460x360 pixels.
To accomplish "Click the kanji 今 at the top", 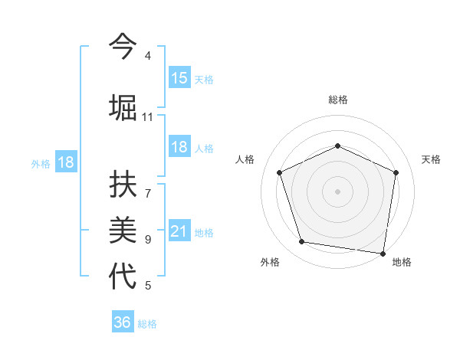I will pyautogui.click(x=123, y=47).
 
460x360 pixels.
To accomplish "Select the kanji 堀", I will pyautogui.click(x=123, y=107).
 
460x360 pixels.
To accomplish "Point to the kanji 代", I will pyautogui.click(x=123, y=277).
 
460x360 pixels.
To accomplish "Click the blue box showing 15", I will pyautogui.click(x=179, y=78).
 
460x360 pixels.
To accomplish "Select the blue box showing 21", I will pyautogui.click(x=179, y=232).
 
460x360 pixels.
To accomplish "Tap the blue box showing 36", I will pyautogui.click(x=123, y=322).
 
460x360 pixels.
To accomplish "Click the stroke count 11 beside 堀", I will pyautogui.click(x=147, y=117).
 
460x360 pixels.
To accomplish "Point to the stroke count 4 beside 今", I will pyautogui.click(x=147, y=56).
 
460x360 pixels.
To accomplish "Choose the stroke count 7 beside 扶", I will pyautogui.click(x=147, y=185).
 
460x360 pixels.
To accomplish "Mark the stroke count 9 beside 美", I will pyautogui.click(x=147, y=239).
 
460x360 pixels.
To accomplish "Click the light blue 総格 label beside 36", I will pyautogui.click(x=147, y=324).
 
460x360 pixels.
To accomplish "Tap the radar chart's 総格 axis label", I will pyautogui.click(x=337, y=100).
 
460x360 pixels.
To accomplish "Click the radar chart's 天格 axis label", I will pyautogui.click(x=431, y=159).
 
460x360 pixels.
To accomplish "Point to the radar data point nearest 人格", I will pyautogui.click(x=280, y=172).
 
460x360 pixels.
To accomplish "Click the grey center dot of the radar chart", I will pyautogui.click(x=337, y=191).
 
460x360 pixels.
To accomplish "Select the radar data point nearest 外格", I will pyautogui.click(x=302, y=242).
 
